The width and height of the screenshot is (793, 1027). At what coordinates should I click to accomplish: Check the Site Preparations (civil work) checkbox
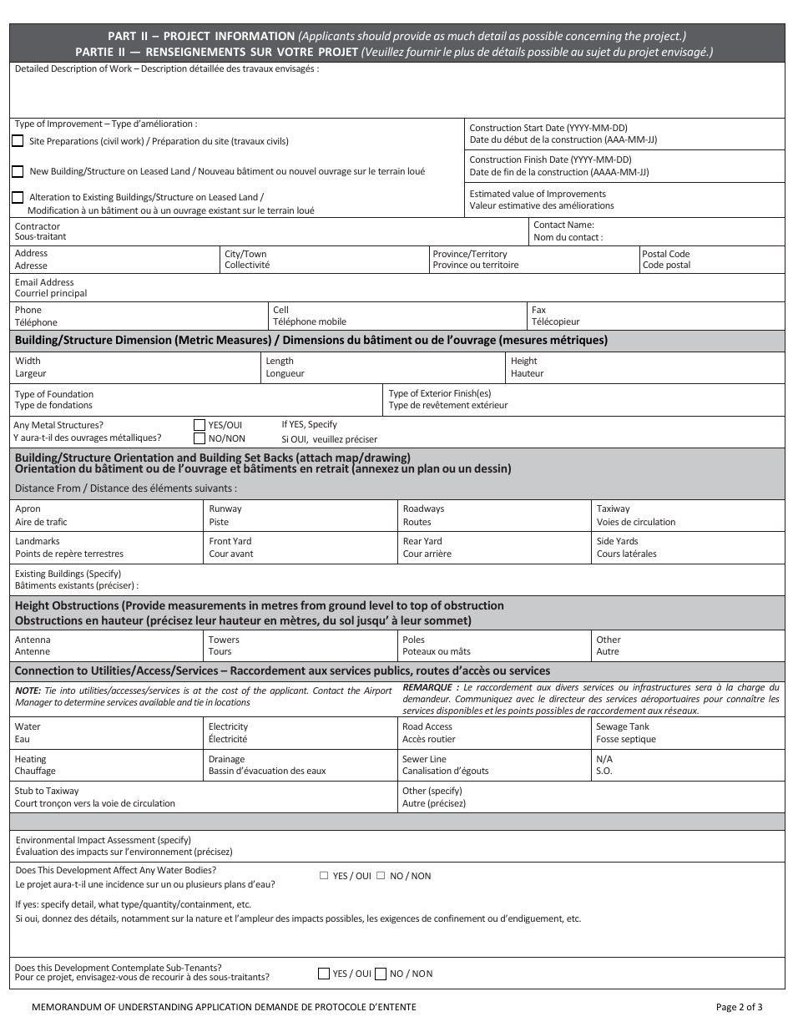click(18, 141)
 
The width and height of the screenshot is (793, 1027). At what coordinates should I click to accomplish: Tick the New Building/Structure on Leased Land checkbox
click(18, 171)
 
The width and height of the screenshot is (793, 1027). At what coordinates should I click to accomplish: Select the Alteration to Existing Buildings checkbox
click(18, 197)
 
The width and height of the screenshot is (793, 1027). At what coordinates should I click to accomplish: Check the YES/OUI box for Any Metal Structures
click(200, 424)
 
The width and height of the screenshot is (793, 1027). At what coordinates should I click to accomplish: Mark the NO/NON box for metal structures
click(200, 438)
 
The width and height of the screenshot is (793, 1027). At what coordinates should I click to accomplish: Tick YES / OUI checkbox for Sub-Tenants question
click(324, 974)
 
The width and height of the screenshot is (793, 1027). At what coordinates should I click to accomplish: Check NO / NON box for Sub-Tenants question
click(381, 974)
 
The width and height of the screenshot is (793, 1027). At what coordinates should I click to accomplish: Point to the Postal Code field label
click(665, 254)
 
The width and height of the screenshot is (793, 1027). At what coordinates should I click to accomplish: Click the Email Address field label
click(44, 282)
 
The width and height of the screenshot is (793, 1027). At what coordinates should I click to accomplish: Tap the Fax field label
click(538, 310)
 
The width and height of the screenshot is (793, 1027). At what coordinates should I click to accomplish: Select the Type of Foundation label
click(54, 394)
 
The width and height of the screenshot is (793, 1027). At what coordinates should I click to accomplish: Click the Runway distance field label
click(225, 508)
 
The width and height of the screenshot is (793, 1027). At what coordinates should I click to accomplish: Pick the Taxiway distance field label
click(613, 508)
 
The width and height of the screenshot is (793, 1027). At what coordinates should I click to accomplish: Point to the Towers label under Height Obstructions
click(224, 640)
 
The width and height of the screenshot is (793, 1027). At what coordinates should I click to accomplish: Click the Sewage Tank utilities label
click(622, 726)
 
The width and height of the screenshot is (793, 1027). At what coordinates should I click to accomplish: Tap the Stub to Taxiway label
click(47, 791)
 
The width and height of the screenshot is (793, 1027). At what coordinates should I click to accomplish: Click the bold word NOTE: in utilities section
click(28, 691)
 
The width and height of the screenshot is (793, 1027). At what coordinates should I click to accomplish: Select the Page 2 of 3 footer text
click(739, 1007)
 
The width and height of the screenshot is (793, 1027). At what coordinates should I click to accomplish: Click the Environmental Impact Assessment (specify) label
click(104, 840)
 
